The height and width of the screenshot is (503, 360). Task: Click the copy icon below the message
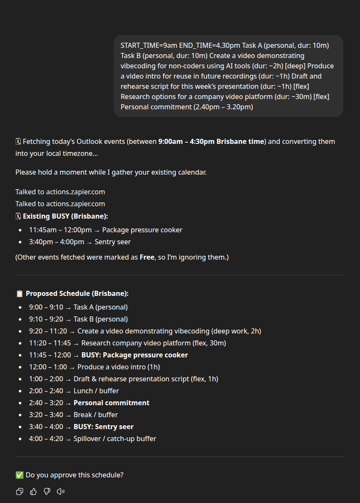[19, 491]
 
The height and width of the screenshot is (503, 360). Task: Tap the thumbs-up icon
[33, 491]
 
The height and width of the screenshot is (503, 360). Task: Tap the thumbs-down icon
[47, 491]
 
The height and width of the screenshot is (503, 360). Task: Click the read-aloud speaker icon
[61, 491]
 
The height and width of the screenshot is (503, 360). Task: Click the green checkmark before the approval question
[19, 475]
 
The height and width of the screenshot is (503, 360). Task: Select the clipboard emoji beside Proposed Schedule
[19, 294]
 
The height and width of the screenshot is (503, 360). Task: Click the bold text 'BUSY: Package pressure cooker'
[135, 355]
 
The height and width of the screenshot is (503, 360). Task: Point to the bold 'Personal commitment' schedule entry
[111, 403]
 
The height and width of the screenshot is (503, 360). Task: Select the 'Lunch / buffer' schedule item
[96, 391]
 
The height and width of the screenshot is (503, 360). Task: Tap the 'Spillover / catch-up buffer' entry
[114, 439]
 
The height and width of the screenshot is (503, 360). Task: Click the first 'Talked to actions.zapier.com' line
[60, 192]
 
